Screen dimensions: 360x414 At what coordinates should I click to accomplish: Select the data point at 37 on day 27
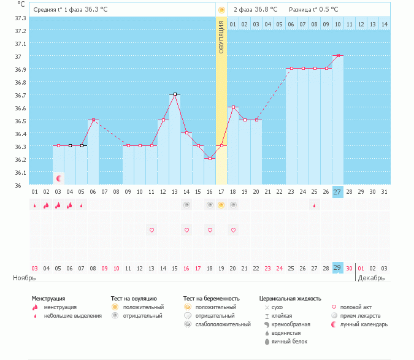(x=338, y=56)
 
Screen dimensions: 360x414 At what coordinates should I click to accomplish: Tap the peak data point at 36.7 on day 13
(x=175, y=94)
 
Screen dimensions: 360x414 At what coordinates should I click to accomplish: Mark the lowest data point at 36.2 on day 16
(x=210, y=158)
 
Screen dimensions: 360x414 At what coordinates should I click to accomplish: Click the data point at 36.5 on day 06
(x=93, y=120)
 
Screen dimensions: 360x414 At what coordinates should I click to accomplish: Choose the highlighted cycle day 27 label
(x=337, y=192)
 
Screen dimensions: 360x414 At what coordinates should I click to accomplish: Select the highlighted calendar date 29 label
(x=337, y=267)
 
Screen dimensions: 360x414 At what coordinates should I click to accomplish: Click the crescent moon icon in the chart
(x=59, y=178)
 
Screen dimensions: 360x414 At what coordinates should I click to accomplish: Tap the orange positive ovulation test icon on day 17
(x=221, y=205)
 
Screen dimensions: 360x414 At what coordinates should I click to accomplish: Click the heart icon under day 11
(x=151, y=230)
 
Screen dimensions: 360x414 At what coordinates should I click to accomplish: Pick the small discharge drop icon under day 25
(x=315, y=205)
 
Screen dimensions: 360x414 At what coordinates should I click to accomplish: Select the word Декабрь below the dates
(x=372, y=278)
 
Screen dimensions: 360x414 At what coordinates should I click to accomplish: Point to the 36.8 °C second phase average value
(x=266, y=10)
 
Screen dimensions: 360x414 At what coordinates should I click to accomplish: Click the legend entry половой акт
(x=356, y=307)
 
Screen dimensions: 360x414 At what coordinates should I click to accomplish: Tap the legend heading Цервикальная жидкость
(x=290, y=299)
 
